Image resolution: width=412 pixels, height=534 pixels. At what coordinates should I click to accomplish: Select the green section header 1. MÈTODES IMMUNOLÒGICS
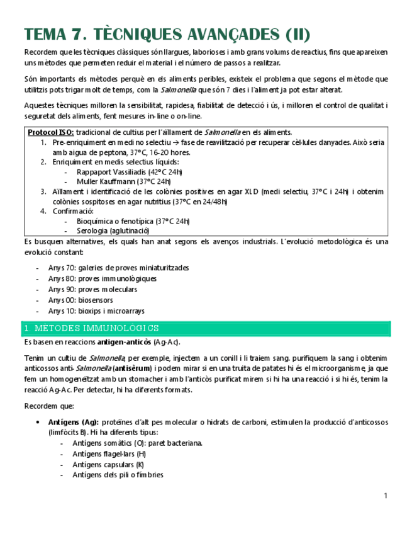click(91, 329)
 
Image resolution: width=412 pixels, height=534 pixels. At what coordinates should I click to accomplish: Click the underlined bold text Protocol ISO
click(51, 132)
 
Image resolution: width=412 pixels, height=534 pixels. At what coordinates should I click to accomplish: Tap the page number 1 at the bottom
click(386, 497)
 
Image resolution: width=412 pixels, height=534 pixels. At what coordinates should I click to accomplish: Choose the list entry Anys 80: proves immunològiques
click(103, 278)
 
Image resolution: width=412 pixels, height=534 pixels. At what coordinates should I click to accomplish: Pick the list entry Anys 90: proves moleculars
click(92, 289)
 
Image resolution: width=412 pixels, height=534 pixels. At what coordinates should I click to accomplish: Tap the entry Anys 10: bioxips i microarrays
click(96, 310)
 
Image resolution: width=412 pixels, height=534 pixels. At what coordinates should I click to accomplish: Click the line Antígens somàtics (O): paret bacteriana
click(137, 443)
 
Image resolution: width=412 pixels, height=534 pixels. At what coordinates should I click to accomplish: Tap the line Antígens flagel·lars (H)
click(109, 454)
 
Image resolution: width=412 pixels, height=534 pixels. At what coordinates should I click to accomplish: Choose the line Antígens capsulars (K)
click(108, 465)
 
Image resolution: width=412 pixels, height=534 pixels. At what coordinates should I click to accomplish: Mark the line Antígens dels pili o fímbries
click(118, 475)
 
